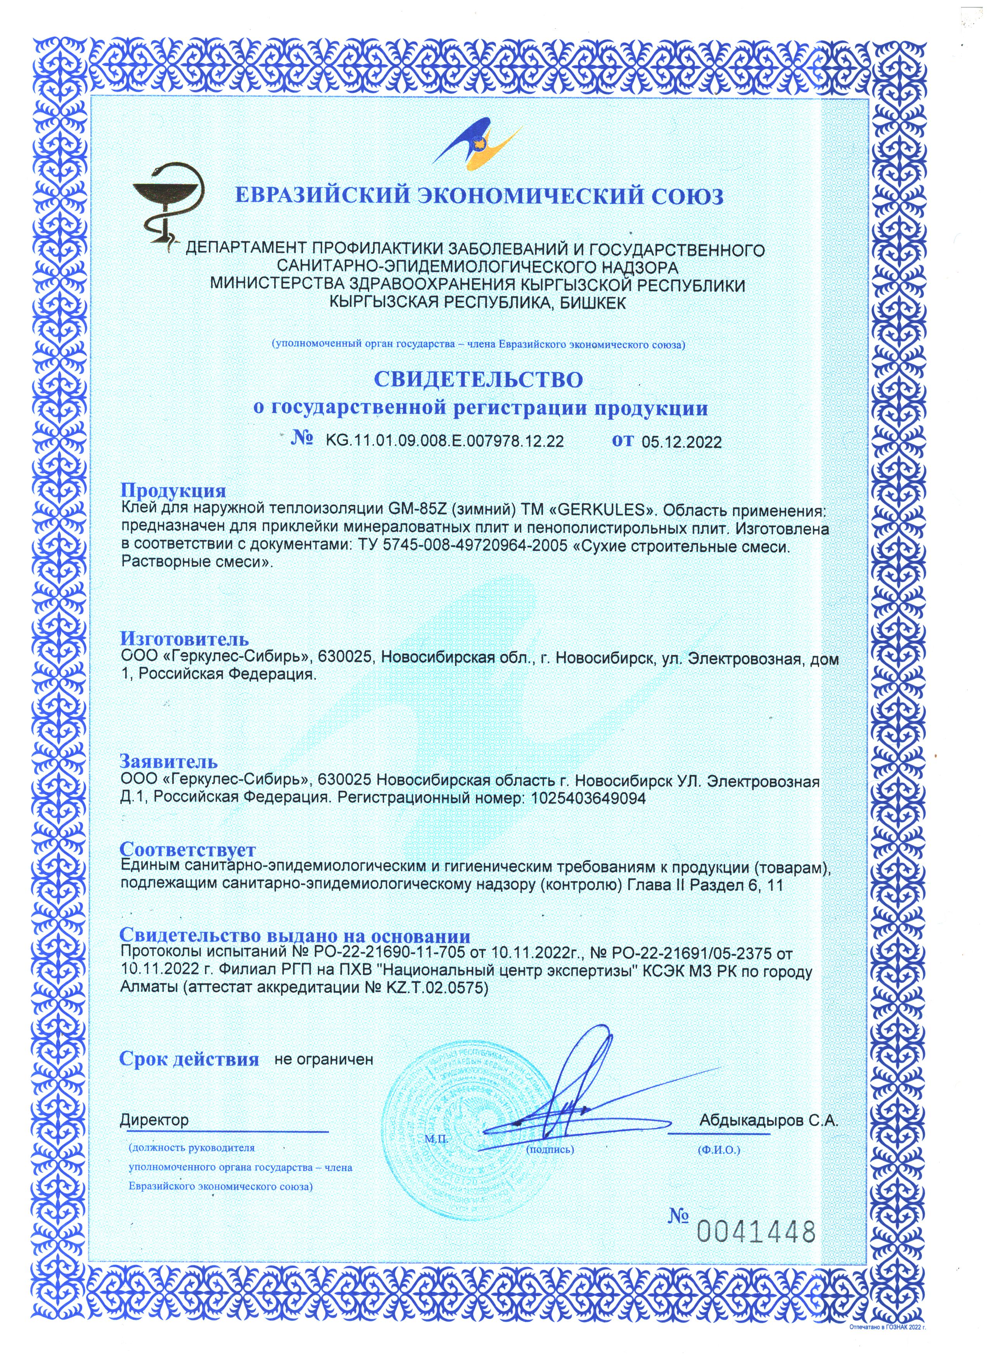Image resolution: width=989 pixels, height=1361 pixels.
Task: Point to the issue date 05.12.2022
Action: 681,442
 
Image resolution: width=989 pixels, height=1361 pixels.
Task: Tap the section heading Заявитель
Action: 169,762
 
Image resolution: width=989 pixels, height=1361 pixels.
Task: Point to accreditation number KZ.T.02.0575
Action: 430,988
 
